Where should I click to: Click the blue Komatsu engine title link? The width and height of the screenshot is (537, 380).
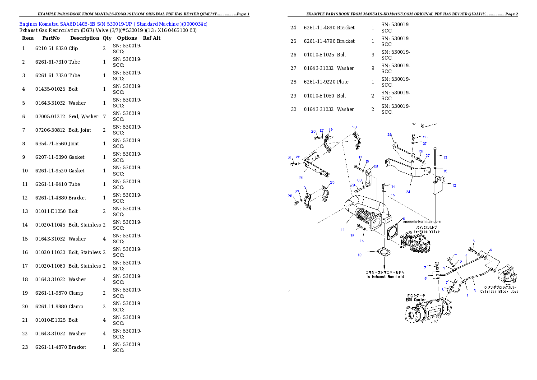(x=113, y=24)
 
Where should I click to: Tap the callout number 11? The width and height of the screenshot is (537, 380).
(x=343, y=230)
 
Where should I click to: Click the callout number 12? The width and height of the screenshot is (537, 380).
(x=454, y=185)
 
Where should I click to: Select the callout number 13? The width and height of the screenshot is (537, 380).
(x=445, y=158)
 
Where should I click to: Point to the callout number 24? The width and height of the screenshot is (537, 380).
(x=408, y=191)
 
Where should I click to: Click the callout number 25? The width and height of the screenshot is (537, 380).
(x=389, y=134)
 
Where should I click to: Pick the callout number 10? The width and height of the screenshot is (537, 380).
(x=359, y=255)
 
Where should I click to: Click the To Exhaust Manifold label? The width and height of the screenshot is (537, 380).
(x=384, y=274)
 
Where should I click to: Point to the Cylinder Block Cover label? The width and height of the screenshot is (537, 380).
(x=499, y=290)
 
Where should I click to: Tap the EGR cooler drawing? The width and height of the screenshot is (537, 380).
(x=429, y=311)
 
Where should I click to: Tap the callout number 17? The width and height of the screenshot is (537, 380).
(x=360, y=157)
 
